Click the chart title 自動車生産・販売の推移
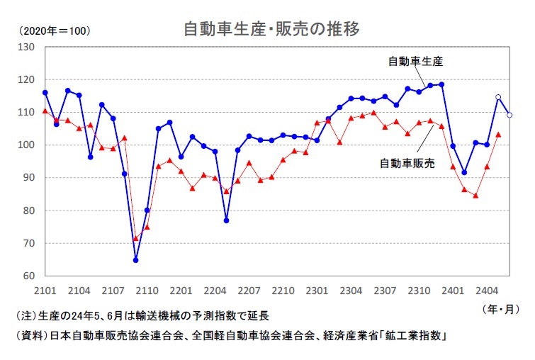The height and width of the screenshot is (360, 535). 271,29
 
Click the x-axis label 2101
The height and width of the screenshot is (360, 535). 45,290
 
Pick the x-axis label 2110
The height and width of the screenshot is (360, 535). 147,290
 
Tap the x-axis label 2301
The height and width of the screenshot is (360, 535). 317,290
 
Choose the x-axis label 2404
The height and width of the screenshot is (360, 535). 486,290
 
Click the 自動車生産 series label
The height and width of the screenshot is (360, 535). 415,61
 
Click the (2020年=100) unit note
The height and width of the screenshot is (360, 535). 55,31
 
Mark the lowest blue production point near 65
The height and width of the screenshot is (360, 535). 135,260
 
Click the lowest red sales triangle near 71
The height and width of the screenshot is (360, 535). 135,238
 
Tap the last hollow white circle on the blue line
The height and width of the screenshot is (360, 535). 509,115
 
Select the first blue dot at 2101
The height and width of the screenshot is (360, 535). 45,93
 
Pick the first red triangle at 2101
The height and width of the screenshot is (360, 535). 45,111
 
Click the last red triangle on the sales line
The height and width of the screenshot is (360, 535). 498,134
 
